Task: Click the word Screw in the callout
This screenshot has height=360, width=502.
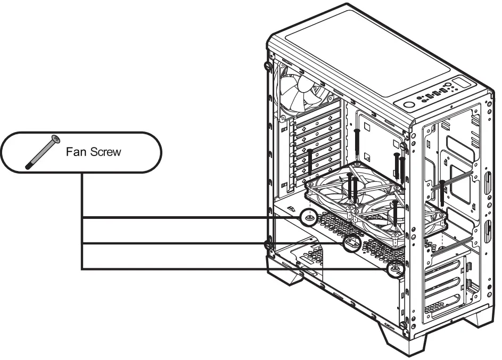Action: pos(104,152)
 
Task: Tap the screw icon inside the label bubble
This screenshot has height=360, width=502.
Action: pos(41,152)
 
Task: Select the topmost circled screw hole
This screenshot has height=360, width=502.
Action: pos(309,217)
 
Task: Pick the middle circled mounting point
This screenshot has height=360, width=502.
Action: pos(351,243)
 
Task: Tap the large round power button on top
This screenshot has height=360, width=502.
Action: pos(409,104)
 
